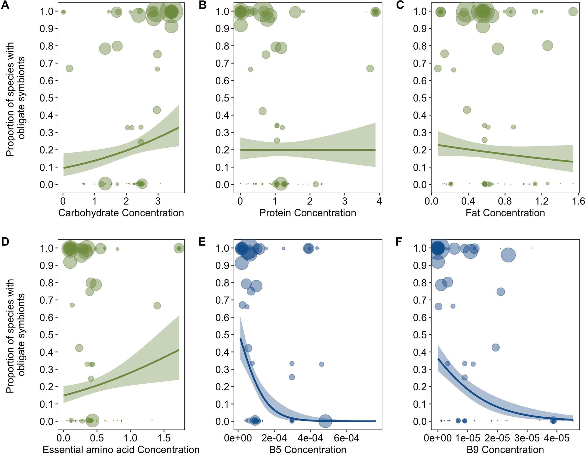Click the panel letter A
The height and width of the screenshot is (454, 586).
(x=5, y=5)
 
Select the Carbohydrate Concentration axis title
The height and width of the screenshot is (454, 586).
(x=121, y=213)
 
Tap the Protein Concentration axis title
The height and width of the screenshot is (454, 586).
(x=308, y=213)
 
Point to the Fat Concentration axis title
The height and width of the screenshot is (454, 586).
(x=505, y=213)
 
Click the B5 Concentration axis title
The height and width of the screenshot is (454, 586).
(x=308, y=449)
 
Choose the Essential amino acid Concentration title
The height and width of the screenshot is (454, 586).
(x=121, y=449)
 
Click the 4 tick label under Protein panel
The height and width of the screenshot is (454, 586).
(x=379, y=201)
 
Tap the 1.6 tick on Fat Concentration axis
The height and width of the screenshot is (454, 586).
(x=578, y=201)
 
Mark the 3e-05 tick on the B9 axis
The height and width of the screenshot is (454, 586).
(x=527, y=438)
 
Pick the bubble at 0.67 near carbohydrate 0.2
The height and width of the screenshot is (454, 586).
(x=69, y=69)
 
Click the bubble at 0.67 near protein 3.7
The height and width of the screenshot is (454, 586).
(x=370, y=69)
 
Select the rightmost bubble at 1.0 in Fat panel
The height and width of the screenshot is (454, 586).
(x=573, y=12)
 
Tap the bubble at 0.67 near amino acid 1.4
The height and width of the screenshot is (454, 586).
(x=157, y=306)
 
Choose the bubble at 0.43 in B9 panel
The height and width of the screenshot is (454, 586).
(x=495, y=348)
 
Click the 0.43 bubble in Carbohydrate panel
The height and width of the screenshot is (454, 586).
(x=157, y=110)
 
